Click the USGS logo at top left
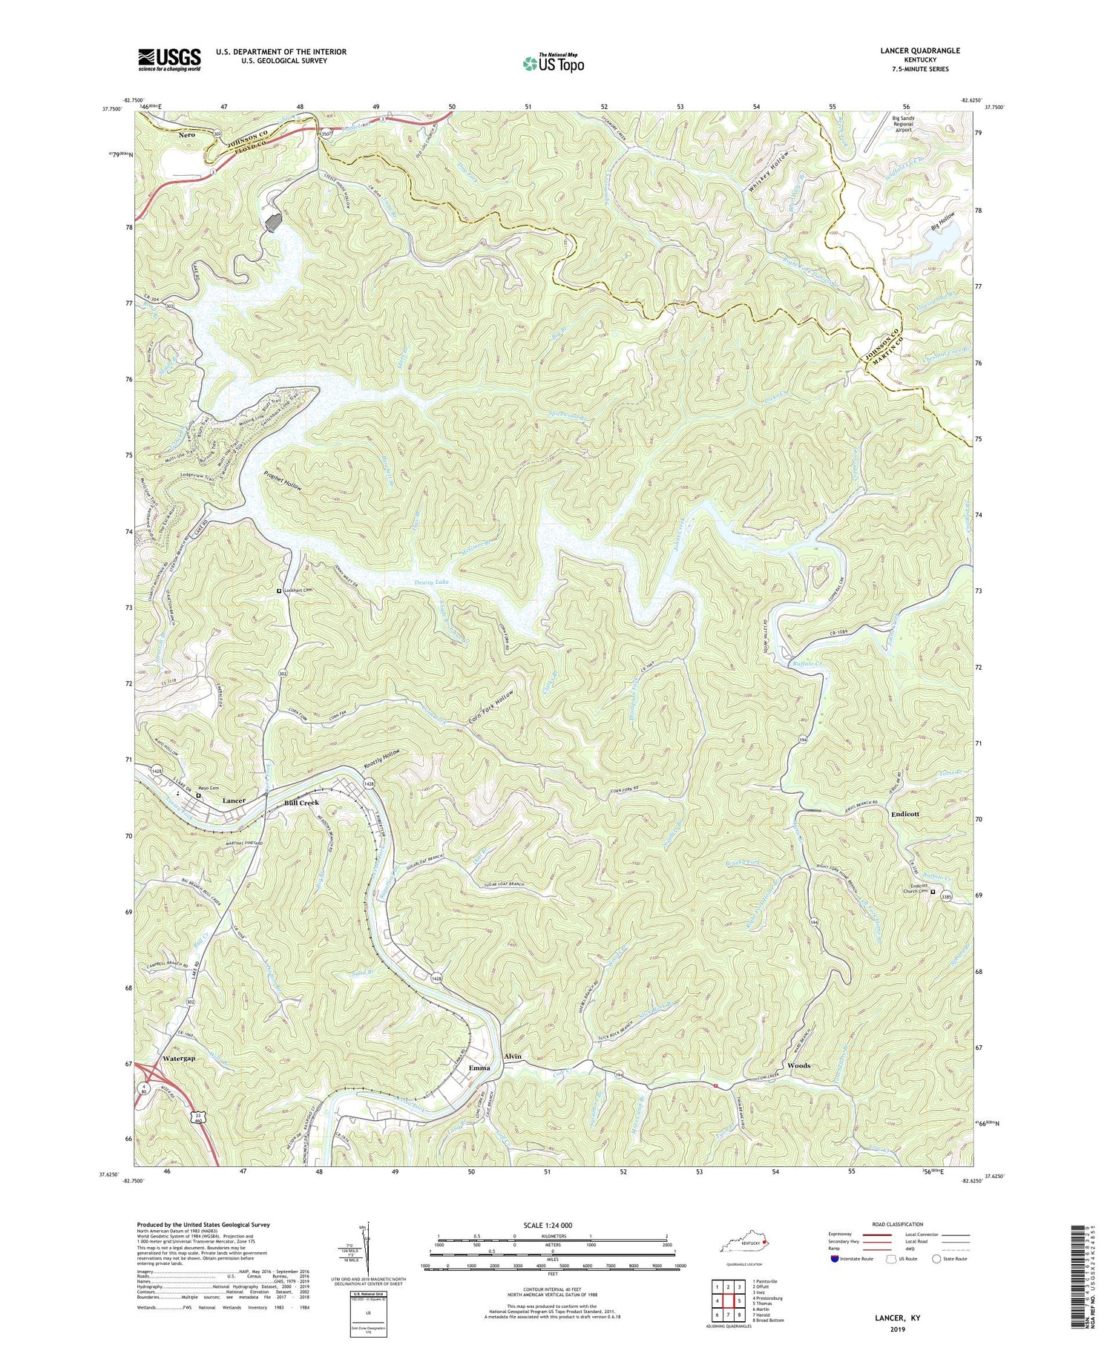click(168, 59)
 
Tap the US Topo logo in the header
click(553, 63)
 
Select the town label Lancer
click(234, 801)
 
